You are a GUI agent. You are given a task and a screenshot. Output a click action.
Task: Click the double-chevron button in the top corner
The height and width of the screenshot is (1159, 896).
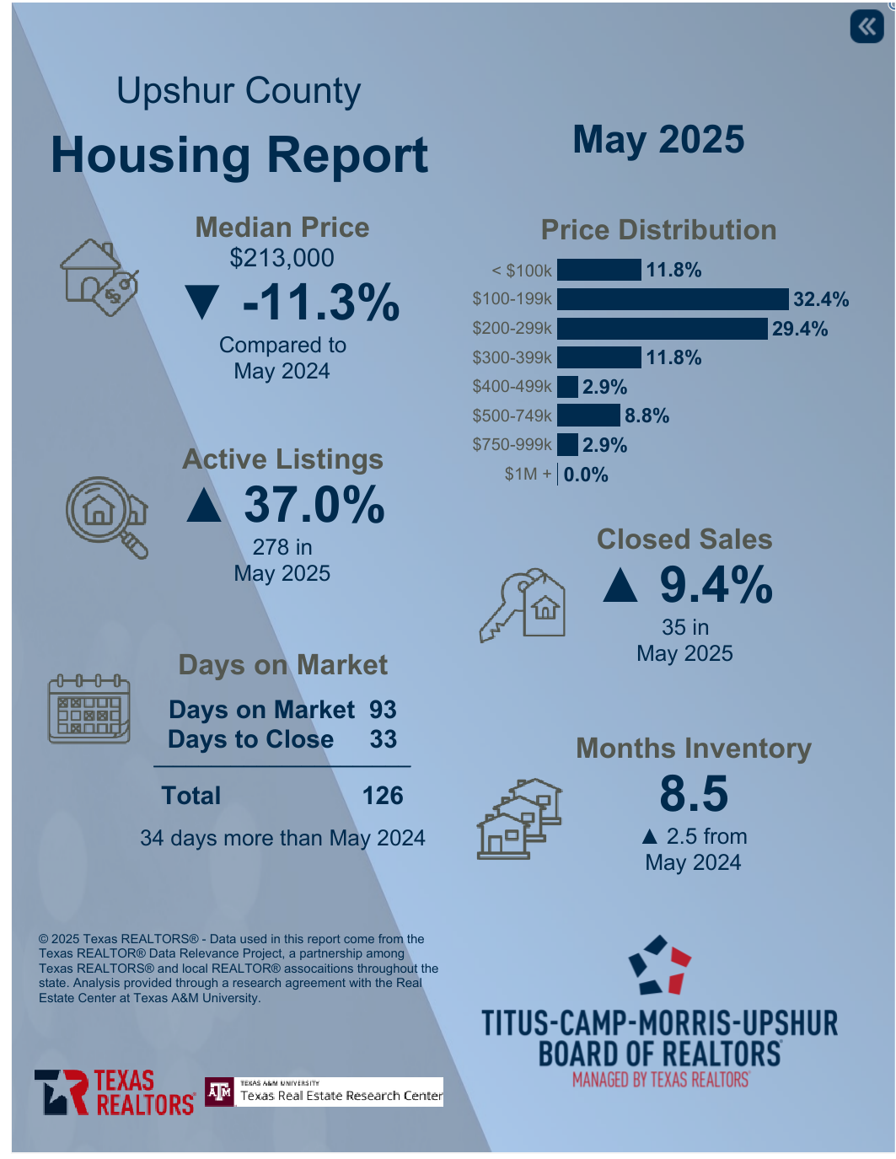pyautogui.click(x=866, y=26)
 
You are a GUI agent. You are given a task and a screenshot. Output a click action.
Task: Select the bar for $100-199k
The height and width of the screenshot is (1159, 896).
pyautogui.click(x=673, y=299)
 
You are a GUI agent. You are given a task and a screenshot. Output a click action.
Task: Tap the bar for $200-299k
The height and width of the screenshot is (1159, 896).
pyautogui.click(x=663, y=328)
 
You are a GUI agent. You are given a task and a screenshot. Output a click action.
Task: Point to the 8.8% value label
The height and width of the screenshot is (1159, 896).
pyautogui.click(x=647, y=416)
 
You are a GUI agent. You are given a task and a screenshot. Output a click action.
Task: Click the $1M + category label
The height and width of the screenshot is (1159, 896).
pyautogui.click(x=528, y=474)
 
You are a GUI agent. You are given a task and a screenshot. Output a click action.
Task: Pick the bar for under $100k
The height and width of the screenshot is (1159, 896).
pyautogui.click(x=598, y=270)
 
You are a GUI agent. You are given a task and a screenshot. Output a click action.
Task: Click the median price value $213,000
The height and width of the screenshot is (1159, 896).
pyautogui.click(x=282, y=258)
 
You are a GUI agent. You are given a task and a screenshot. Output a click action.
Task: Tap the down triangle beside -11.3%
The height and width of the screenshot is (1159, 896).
pyautogui.click(x=202, y=303)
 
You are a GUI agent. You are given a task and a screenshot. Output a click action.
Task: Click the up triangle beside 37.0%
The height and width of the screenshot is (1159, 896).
pyautogui.click(x=204, y=505)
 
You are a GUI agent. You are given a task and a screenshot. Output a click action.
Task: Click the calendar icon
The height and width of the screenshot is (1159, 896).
pyautogui.click(x=89, y=709)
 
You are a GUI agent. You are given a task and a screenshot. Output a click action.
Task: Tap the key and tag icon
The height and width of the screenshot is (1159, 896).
pyautogui.click(x=523, y=604)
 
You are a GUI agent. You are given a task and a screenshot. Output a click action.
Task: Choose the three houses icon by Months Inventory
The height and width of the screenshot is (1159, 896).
pyautogui.click(x=519, y=818)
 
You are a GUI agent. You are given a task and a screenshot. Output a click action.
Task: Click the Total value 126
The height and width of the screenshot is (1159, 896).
pyautogui.click(x=383, y=796)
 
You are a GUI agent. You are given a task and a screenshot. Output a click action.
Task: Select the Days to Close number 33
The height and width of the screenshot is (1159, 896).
pyautogui.click(x=384, y=739)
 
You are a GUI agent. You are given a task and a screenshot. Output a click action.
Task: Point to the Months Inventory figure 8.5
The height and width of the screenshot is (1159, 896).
pyautogui.click(x=694, y=794)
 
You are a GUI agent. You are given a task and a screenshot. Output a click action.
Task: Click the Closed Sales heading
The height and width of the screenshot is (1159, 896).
pyautogui.click(x=684, y=539)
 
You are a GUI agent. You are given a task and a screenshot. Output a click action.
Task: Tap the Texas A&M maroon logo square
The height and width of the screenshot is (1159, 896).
pyautogui.click(x=220, y=1092)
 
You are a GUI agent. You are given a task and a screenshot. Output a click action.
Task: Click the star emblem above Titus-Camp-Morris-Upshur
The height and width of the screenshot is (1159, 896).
pyautogui.click(x=660, y=965)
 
